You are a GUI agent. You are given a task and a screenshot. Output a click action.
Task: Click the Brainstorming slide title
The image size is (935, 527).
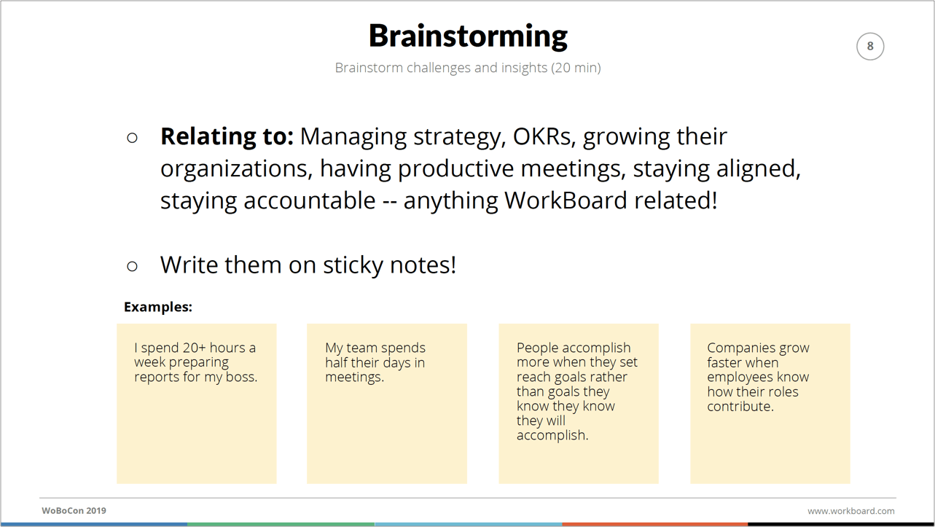point(468,36)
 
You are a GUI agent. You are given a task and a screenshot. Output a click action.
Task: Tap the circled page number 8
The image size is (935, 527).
point(870,46)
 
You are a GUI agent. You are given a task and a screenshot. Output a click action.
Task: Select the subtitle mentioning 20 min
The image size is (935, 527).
point(468,68)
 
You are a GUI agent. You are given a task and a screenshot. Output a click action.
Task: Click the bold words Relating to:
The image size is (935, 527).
point(227,136)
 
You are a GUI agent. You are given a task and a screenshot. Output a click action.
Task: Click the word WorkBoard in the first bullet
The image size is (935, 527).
point(566,200)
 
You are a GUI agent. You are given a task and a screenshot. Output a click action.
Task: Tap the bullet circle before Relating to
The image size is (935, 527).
point(132,138)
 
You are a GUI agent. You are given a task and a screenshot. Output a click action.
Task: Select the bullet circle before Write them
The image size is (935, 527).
point(132,266)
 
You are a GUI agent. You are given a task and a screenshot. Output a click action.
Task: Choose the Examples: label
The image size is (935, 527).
point(158,307)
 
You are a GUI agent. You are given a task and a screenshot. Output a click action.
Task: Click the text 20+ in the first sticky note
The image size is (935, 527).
point(195,348)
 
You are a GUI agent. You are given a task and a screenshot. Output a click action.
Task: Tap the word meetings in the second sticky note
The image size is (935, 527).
point(353,377)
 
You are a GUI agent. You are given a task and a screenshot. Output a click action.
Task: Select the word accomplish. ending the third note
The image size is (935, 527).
point(552,435)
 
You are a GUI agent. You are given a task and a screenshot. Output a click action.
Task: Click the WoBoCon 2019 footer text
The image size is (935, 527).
point(74,510)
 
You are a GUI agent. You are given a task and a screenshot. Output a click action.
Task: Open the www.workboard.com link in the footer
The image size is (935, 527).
point(850,511)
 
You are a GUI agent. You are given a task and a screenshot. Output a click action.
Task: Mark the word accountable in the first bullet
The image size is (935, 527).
point(310,200)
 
